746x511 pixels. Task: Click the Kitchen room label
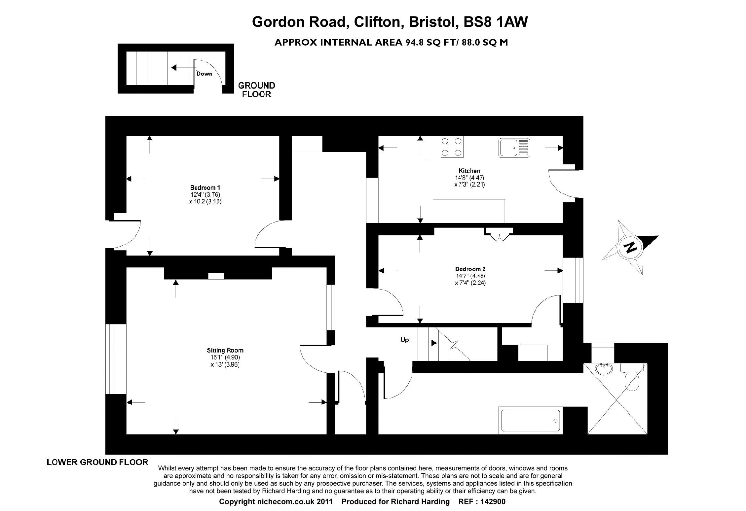[469, 171]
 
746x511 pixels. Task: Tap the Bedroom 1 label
[205, 187]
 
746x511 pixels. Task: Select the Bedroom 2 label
[470, 269]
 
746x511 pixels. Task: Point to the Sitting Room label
[225, 350]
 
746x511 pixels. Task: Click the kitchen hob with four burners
[451, 147]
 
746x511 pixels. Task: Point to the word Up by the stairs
[404, 340]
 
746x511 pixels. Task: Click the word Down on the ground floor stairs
[204, 74]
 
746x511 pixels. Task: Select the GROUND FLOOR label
[257, 90]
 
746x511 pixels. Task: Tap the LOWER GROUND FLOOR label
[97, 462]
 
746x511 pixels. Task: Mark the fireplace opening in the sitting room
[216, 276]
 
